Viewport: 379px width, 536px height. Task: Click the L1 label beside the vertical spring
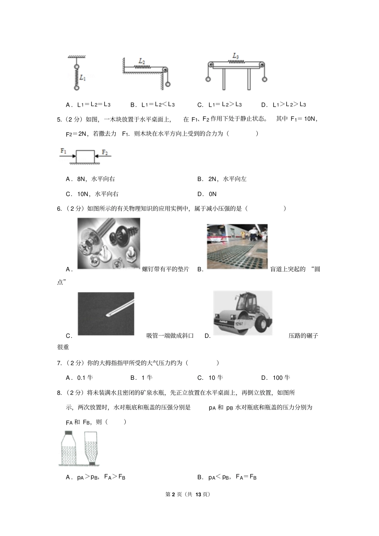pos(82,78)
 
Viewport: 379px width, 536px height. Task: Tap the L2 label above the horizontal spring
pos(142,61)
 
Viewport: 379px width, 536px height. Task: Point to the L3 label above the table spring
pos(235,56)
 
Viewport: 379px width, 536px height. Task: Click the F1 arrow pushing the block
pos(67,157)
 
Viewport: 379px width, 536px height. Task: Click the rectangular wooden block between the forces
pos(85,156)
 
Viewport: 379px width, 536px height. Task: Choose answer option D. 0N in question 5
pos(207,194)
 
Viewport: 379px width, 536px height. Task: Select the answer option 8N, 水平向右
pos(92,179)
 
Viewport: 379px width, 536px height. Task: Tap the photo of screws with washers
pos(109,243)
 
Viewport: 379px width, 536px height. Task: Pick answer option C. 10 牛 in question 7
pos(210,377)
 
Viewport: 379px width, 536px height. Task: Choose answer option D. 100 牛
pos(276,377)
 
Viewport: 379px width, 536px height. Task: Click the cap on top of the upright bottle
pos(68,433)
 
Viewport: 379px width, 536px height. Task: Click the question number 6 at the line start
pos(59,208)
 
